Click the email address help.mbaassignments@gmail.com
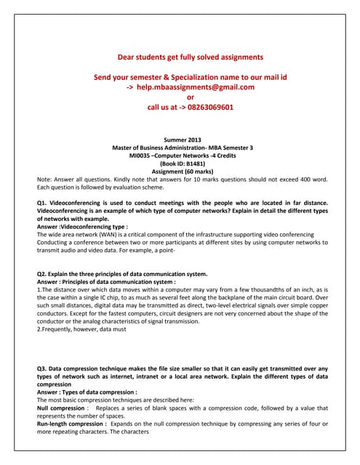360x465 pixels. [190, 86]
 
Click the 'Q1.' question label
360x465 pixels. [42, 202]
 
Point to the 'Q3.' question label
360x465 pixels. [42, 369]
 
